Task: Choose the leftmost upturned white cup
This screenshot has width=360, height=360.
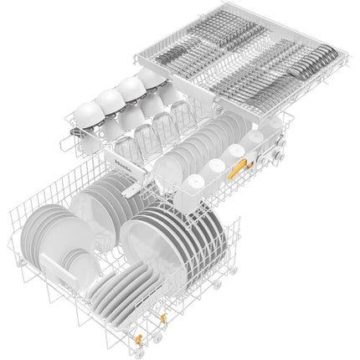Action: pyautogui.click(x=88, y=112)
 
